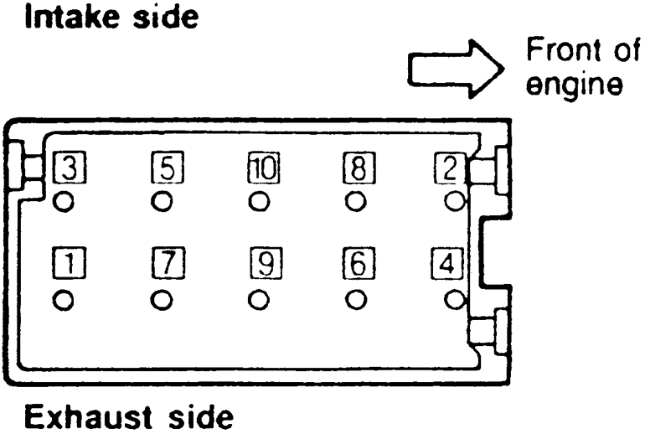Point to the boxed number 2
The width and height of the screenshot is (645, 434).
448,168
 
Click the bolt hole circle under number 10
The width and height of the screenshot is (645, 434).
260,202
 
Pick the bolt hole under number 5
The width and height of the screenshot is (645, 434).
163,202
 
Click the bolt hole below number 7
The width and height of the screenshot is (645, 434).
163,299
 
